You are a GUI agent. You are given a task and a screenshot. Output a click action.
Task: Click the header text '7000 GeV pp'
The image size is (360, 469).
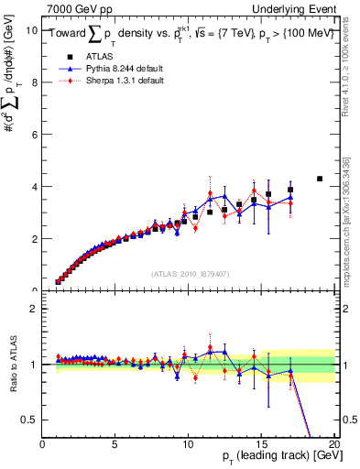(76, 7)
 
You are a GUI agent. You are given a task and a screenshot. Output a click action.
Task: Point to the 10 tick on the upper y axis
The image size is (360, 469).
(33, 29)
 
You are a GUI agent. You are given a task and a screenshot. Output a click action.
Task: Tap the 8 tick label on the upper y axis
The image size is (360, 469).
(35, 82)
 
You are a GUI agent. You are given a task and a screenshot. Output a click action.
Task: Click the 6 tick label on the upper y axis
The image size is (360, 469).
(35, 134)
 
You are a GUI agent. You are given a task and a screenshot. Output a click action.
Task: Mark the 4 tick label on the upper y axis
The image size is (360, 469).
(35, 186)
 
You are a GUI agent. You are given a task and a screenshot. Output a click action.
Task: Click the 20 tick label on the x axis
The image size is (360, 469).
(334, 444)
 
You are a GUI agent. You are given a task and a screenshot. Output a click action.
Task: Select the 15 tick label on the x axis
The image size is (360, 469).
(261, 444)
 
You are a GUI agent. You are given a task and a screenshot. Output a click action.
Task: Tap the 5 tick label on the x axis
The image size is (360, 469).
(115, 444)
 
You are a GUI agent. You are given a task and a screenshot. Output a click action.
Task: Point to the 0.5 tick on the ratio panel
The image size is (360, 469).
(31, 420)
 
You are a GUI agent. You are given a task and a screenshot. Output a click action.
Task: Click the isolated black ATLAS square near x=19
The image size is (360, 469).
(320, 179)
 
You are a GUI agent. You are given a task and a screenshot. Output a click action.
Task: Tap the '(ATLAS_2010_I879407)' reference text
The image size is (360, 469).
(189, 273)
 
